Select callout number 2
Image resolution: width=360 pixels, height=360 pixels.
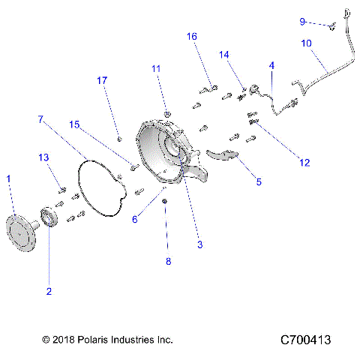(49, 291)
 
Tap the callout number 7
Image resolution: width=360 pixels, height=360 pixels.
(40, 119)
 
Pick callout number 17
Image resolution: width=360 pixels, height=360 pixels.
(102, 79)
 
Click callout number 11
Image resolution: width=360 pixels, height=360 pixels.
(156, 68)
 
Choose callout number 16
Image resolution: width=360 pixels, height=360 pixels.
(192, 36)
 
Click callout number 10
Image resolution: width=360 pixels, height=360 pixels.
(307, 43)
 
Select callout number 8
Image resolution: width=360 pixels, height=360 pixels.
(169, 261)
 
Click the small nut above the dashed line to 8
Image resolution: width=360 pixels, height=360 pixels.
(165, 203)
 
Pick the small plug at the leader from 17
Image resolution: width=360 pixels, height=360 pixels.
(120, 138)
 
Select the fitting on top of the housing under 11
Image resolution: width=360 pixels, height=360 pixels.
(166, 113)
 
